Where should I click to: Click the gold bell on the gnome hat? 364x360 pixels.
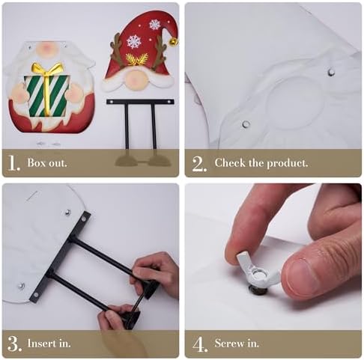coord(174,42)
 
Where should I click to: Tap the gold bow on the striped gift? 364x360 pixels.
coord(46,70)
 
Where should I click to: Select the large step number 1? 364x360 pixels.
coord(13,163)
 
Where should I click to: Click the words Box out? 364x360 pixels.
coord(47,162)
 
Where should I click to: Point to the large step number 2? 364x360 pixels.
coord(199,164)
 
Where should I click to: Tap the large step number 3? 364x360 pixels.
coord(14,344)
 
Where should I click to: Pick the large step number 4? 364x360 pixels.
coord(200,344)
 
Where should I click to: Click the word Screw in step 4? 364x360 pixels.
coord(230,344)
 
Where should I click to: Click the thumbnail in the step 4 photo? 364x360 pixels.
coord(301,278)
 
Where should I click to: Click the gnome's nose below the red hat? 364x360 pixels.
coord(135,79)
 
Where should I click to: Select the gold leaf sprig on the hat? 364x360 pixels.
coord(136,59)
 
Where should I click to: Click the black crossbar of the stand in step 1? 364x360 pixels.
coord(140,102)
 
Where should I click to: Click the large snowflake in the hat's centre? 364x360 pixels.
coord(134,42)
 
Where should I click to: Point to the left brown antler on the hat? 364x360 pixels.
coord(116,50)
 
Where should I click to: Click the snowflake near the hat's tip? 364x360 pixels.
coord(155,24)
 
